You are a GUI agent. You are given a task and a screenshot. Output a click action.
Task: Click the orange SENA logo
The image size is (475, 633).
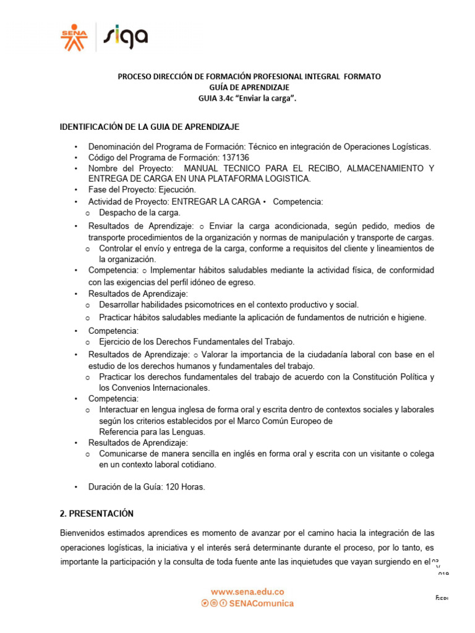pyautogui.click(x=74, y=37)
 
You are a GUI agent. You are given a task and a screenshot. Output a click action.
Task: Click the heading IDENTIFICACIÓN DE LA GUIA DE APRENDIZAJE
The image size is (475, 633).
pyautogui.click(x=149, y=127)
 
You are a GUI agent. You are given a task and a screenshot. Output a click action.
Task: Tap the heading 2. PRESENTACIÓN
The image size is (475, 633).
pyautogui.click(x=96, y=514)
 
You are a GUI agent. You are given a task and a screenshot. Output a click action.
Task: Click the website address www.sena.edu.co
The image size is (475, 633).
pyautogui.click(x=247, y=592)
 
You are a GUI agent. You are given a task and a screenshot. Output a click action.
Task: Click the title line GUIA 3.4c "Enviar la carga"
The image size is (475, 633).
pyautogui.click(x=249, y=98)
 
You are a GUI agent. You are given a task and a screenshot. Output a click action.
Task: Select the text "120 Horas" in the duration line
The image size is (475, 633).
pyautogui.click(x=184, y=486)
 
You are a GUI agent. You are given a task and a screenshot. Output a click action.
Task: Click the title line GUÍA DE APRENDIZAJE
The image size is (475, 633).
pyautogui.click(x=249, y=87)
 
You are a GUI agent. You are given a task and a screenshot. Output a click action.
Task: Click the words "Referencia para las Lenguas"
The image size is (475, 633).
pyautogui.click(x=152, y=431)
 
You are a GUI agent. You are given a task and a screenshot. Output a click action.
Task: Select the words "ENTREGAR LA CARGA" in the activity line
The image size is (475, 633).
pyautogui.click(x=215, y=202)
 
